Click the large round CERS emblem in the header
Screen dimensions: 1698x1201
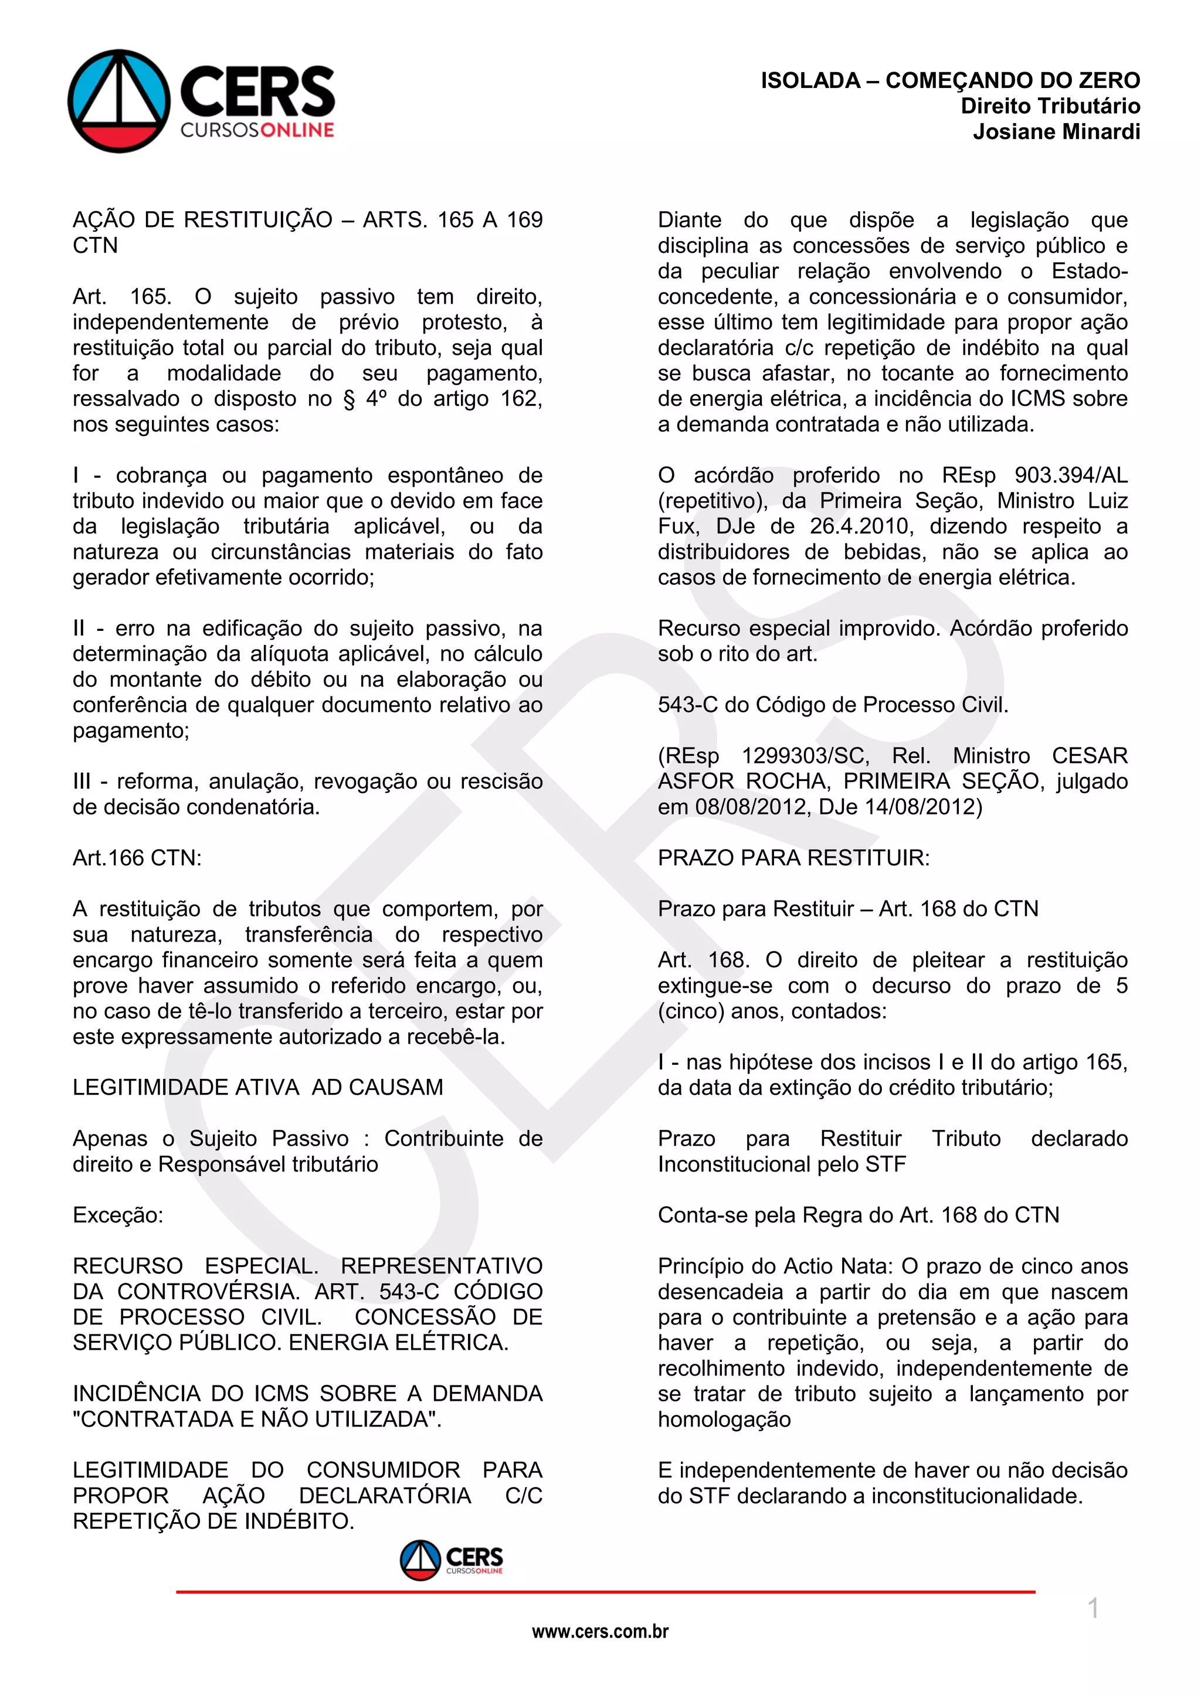(119, 101)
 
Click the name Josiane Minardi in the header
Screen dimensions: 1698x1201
(1056, 132)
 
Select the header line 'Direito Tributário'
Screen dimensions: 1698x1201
(1050, 106)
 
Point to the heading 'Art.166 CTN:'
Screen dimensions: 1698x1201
(137, 858)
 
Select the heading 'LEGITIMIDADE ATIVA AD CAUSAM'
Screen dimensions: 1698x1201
(257, 1087)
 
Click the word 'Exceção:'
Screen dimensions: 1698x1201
(118, 1215)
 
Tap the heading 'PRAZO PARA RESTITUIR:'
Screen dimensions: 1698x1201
(793, 858)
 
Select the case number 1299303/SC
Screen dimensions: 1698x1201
(805, 756)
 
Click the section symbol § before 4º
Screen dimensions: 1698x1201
(349, 399)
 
